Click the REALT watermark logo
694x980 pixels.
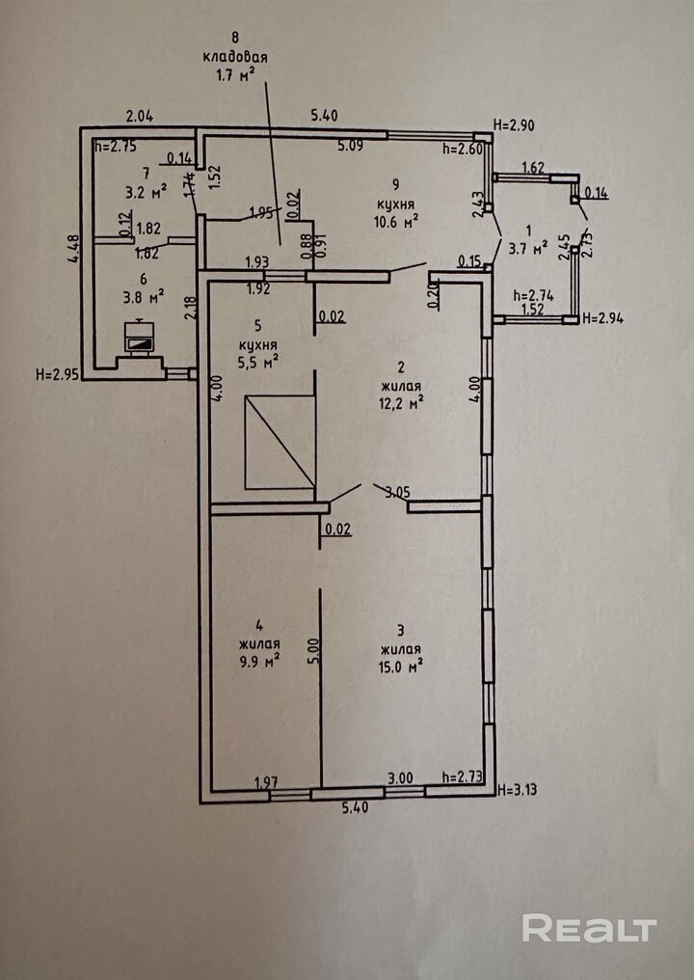point(589,928)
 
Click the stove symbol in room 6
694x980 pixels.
point(140,337)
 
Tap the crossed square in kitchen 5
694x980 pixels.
point(280,441)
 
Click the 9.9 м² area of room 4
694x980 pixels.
point(260,661)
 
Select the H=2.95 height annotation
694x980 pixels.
point(57,373)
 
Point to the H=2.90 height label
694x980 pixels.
point(514,125)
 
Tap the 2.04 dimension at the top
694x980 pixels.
point(140,117)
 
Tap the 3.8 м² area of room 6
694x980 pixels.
point(142,295)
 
